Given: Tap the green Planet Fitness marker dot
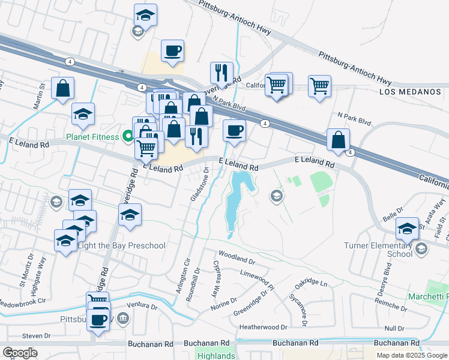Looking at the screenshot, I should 127,136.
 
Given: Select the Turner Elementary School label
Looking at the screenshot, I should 378,250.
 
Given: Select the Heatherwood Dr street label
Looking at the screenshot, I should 263,327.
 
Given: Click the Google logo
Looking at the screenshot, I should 20,353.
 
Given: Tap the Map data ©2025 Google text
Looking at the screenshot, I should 411,355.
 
